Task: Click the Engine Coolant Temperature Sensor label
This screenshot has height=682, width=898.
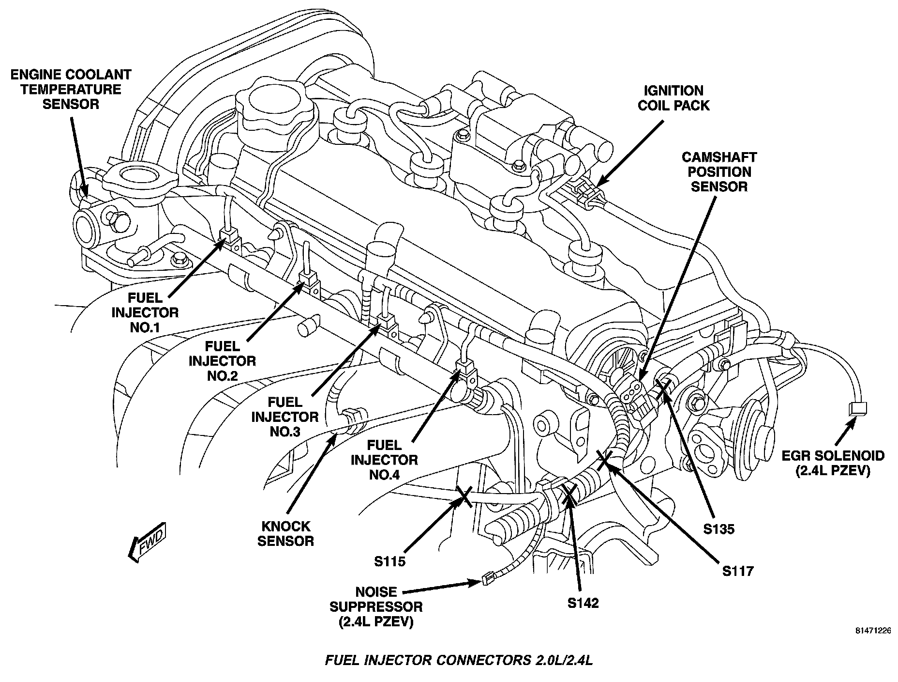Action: pyautogui.click(x=71, y=90)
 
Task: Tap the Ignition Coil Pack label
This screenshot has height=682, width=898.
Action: pyautogui.click(x=673, y=98)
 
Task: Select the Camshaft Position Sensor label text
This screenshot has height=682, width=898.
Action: pyautogui.click(x=719, y=172)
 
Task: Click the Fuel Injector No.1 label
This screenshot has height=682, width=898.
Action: pyautogui.click(x=145, y=312)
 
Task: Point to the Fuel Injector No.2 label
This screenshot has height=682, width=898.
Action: pyautogui.click(x=222, y=361)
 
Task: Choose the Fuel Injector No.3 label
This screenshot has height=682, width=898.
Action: pyautogui.click(x=285, y=417)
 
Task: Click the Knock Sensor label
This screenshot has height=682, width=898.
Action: pyautogui.click(x=285, y=533)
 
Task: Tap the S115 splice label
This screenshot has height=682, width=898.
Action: pyautogui.click(x=389, y=561)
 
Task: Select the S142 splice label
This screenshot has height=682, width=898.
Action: pyautogui.click(x=583, y=603)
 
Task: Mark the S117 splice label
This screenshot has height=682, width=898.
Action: pyautogui.click(x=738, y=572)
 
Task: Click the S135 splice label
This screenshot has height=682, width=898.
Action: pyautogui.click(x=718, y=529)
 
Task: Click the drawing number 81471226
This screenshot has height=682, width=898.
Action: pyautogui.click(x=873, y=631)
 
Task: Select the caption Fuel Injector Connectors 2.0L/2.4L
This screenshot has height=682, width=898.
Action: pyautogui.click(x=459, y=661)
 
